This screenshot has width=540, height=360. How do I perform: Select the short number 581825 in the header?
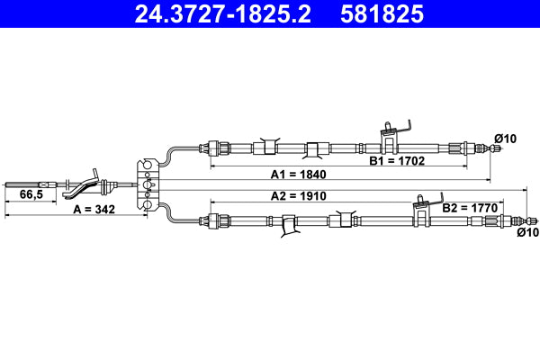(x=382, y=14)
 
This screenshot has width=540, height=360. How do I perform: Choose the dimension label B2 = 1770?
(x=470, y=207)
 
